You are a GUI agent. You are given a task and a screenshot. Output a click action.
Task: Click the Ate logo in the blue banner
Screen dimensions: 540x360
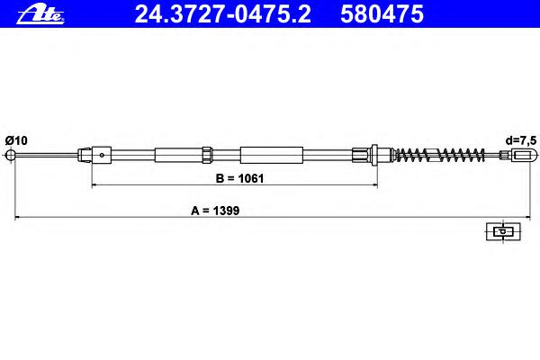click(x=40, y=15)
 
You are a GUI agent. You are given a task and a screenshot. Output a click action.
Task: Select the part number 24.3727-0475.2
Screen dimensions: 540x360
click(x=222, y=14)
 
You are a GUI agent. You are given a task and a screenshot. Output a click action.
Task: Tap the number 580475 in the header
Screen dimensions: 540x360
click(x=382, y=14)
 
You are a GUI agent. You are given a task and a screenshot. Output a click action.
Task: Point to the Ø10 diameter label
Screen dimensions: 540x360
click(x=16, y=140)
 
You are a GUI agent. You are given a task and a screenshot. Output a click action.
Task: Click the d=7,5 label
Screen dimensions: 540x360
click(x=521, y=140)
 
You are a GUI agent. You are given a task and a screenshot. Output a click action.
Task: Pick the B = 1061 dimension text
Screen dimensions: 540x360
click(x=239, y=178)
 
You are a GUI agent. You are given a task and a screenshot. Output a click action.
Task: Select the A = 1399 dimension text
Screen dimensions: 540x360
click(x=215, y=211)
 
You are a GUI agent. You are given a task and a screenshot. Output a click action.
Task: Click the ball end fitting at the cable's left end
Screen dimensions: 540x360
click(x=11, y=155)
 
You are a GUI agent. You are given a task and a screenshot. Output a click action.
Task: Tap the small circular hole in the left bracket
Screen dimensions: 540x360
click(x=102, y=155)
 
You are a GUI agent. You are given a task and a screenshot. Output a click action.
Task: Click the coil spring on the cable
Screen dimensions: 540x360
click(x=439, y=155)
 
